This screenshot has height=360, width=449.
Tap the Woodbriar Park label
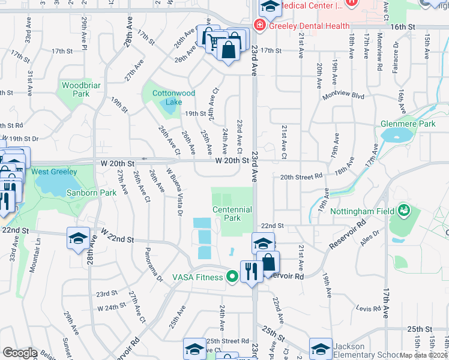click(76, 89)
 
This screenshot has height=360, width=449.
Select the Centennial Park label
click(232, 214)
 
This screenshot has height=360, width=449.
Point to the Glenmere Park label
click(408, 124)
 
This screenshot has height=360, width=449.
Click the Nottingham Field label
click(361, 212)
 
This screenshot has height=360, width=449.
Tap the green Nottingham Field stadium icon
click(403, 211)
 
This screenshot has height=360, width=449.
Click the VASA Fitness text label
click(198, 277)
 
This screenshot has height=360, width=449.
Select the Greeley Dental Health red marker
click(259, 26)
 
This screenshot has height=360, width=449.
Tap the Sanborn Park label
click(56, 193)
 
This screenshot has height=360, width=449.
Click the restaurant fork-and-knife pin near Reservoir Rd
click(249, 271)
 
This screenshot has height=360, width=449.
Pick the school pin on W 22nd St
click(78, 239)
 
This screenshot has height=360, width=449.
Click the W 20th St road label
click(232, 161)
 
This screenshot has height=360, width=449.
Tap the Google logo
click(20, 353)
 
